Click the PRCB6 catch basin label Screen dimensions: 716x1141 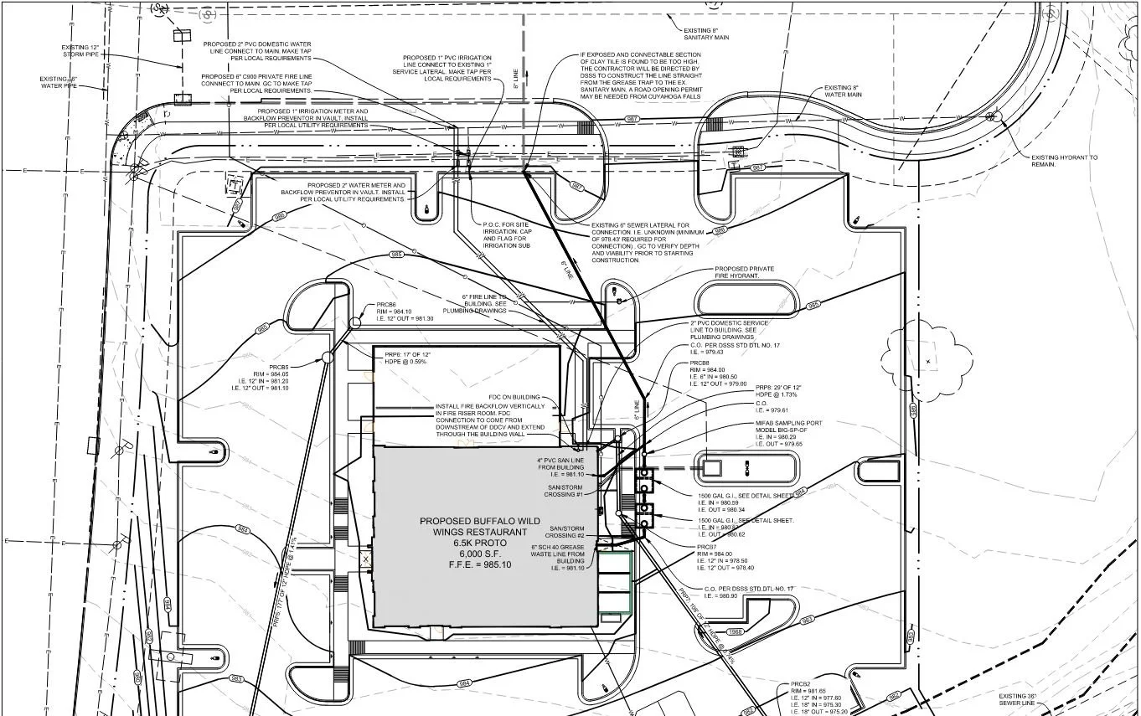385,304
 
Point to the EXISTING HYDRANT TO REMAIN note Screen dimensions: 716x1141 1063,161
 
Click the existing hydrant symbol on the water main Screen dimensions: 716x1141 992,116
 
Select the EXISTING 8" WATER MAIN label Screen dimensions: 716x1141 842,91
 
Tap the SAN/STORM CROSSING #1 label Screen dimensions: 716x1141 565,491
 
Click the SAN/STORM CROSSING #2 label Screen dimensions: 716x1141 566,533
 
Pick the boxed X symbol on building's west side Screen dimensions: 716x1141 364,556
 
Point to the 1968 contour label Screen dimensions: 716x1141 735,631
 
